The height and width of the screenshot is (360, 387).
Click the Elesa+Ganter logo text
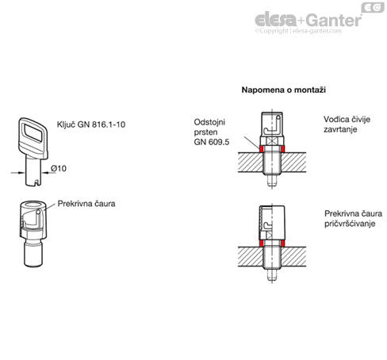click(308, 19)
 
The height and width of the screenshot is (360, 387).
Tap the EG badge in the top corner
click(373, 7)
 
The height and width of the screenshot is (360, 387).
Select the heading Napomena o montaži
click(283, 90)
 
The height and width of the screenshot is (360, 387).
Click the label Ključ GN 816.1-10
click(91, 124)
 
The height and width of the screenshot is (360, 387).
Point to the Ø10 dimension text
click(59, 168)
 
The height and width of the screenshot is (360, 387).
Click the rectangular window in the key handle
click(33, 132)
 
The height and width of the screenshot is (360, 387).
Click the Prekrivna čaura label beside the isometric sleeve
click(86, 204)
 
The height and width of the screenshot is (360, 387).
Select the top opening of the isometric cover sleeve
click(33, 205)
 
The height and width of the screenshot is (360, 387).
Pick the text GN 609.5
click(212, 142)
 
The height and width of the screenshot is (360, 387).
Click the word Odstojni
click(209, 122)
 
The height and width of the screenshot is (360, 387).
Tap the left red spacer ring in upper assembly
click(261, 149)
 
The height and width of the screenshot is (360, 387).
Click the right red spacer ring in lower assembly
click(283, 243)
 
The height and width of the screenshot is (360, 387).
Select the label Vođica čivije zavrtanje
click(347, 124)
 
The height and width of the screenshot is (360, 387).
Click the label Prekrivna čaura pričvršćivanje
click(353, 219)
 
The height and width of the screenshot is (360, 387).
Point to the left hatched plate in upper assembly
click(251, 163)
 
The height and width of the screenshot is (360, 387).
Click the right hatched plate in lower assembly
click(293, 256)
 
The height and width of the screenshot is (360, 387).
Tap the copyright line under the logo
click(298, 31)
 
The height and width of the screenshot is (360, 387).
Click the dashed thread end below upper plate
click(272, 180)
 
